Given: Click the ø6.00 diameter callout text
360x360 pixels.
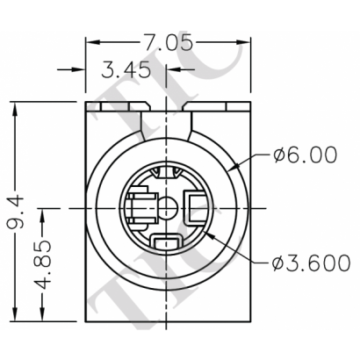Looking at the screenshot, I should pos(305,155).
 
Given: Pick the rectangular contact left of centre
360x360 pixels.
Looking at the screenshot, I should pos(136,209).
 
